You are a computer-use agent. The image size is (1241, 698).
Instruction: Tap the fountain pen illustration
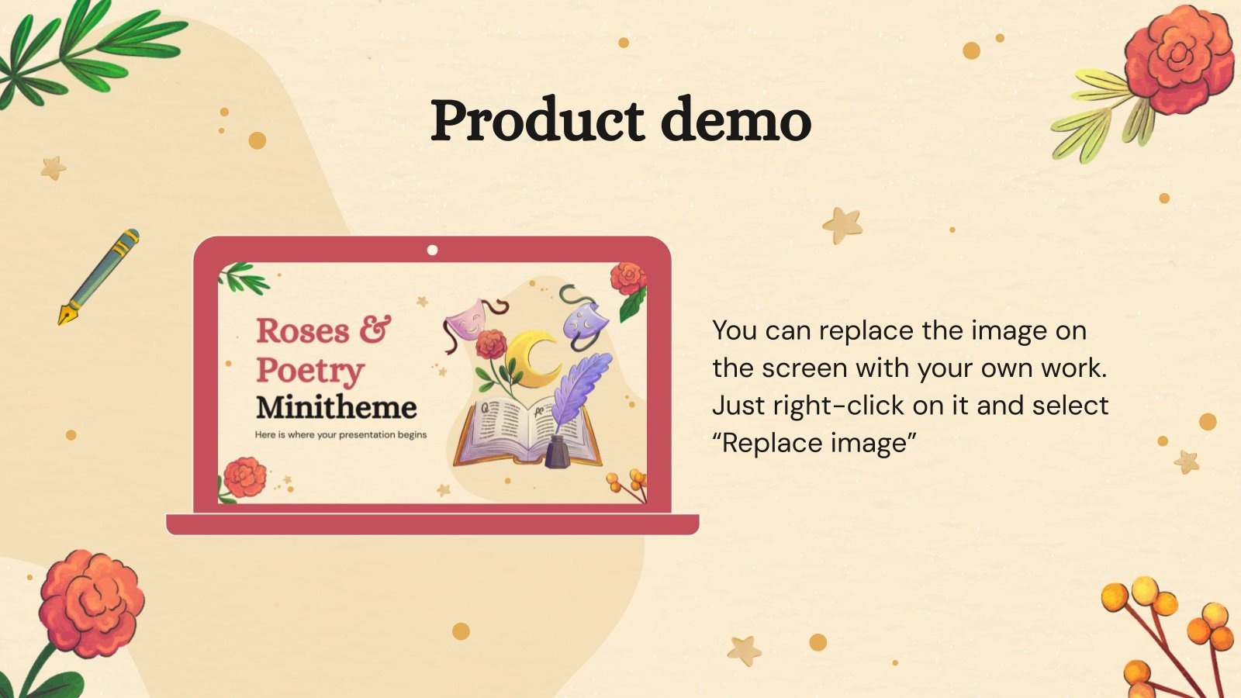tap(99, 276)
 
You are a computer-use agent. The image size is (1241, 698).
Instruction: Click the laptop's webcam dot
tap(432, 250)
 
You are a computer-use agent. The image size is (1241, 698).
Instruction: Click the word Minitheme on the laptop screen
tap(337, 407)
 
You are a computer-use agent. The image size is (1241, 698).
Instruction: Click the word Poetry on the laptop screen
tap(310, 371)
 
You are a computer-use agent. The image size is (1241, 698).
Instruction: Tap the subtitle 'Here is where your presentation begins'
tap(340, 435)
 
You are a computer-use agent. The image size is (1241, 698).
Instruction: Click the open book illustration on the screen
tap(512, 434)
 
